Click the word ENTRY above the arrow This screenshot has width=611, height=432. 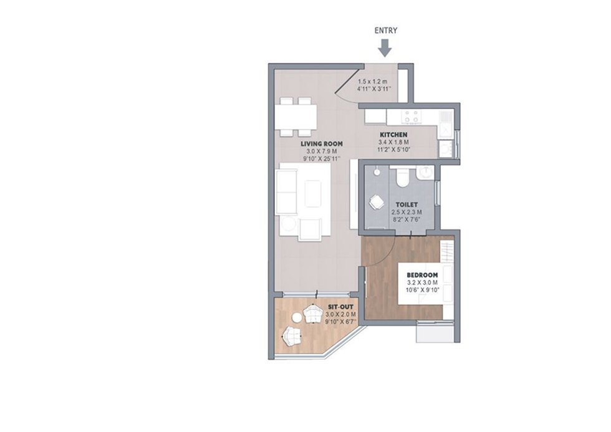[386, 31]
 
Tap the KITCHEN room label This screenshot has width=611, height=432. [393, 135]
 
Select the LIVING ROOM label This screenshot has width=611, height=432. [322, 144]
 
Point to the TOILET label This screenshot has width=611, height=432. [407, 204]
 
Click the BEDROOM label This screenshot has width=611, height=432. [422, 275]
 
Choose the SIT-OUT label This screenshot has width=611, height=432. [340, 307]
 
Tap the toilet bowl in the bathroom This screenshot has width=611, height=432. [402, 177]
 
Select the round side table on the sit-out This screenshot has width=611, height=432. [297, 319]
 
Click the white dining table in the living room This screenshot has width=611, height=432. [296, 117]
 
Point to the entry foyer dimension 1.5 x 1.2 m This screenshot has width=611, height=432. [373, 82]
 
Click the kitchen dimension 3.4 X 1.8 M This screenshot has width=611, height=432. [393, 142]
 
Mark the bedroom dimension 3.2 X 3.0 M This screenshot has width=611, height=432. [422, 282]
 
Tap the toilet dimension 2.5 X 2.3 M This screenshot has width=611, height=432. [407, 213]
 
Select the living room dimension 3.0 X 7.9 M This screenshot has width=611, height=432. [322, 151]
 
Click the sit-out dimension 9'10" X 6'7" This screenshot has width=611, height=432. [340, 322]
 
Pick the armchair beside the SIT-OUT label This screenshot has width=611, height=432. [312, 314]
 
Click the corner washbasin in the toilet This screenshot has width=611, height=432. [425, 173]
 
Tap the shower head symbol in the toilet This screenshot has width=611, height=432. [377, 171]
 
